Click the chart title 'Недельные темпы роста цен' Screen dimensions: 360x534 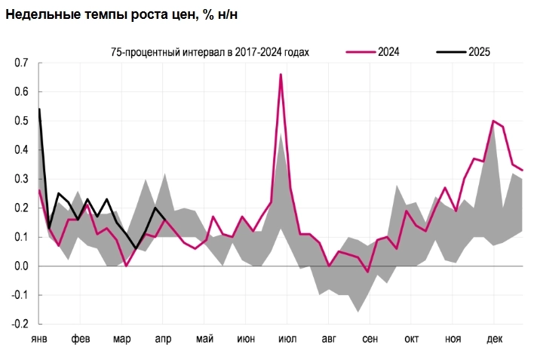[x=125, y=15]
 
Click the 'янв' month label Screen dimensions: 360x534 [x=39, y=339]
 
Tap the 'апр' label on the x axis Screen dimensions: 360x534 [x=163, y=339]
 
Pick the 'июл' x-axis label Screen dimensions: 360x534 [x=287, y=339]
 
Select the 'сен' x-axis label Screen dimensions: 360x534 [x=370, y=339]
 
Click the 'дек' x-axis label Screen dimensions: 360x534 [x=494, y=339]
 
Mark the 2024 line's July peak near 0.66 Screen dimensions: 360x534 [x=281, y=75]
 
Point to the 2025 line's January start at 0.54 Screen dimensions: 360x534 [x=39, y=109]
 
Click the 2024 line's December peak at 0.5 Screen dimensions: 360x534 [x=493, y=121]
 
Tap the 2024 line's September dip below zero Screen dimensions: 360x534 [x=367, y=272]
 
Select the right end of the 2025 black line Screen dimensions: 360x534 [x=165, y=220]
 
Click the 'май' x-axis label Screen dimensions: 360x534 [x=204, y=339]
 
